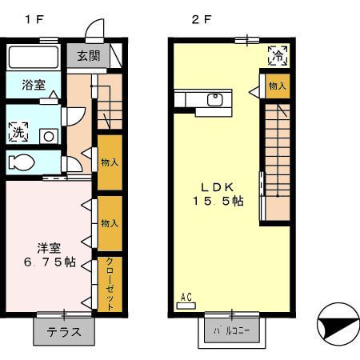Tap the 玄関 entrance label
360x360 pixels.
pos(89,56)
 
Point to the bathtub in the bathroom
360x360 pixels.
pos(33,58)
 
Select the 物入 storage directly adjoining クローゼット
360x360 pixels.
pos(110,224)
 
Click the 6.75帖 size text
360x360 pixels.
pos(49,262)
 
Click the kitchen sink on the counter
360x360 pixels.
pos(214,100)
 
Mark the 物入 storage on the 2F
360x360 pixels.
pos(277,86)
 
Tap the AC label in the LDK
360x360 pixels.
pos(186,298)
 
